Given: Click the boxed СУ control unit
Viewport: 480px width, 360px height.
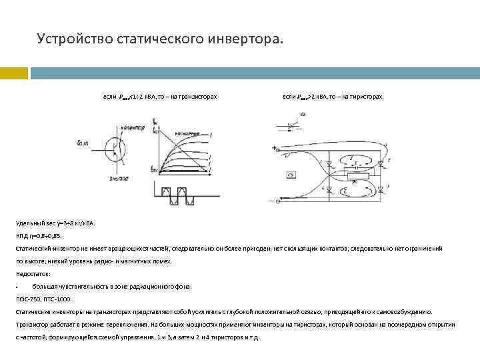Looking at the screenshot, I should [291, 175].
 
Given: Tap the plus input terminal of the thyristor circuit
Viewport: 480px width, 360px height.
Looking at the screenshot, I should [275, 149].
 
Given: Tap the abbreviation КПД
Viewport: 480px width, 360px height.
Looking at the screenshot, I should [22, 236].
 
